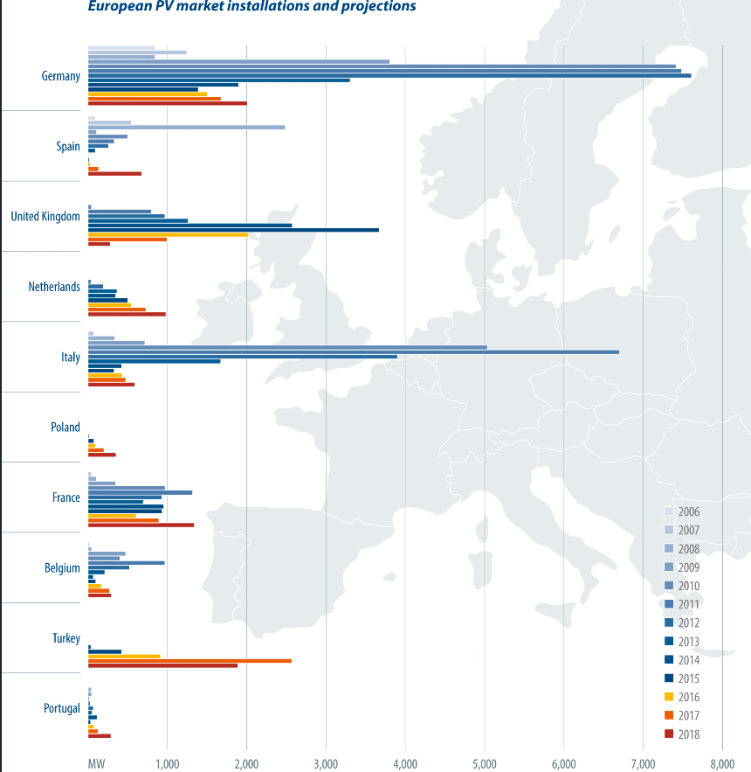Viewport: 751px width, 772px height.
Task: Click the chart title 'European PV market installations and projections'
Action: pyautogui.click(x=251, y=7)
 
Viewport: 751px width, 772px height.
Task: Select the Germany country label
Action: pyautogui.click(x=61, y=76)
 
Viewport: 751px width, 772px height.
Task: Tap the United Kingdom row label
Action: pyautogui.click(x=45, y=216)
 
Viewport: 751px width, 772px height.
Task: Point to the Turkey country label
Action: pyautogui.click(x=66, y=638)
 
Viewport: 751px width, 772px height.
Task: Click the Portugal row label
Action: pyautogui.click(x=62, y=708)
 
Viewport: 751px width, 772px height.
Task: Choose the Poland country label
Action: pyautogui.click(x=65, y=428)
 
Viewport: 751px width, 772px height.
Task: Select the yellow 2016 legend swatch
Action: pyautogui.click(x=670, y=697)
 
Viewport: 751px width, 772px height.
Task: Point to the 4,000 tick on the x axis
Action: pyautogui.click(x=405, y=764)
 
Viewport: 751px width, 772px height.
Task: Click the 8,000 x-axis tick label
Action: pyautogui.click(x=721, y=764)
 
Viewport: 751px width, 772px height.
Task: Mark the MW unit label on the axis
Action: pyautogui.click(x=97, y=764)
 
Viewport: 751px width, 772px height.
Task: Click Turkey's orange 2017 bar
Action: pyautogui.click(x=189, y=661)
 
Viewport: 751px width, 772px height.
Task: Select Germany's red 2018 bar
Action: pyautogui.click(x=167, y=103)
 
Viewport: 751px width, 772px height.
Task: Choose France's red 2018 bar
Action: pyautogui.click(x=141, y=525)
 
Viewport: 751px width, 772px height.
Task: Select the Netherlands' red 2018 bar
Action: pyautogui.click(x=127, y=314)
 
